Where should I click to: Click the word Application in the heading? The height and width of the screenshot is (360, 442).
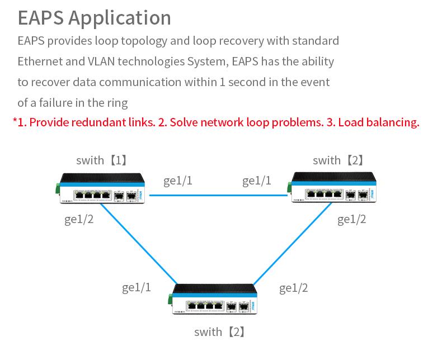(x=120, y=18)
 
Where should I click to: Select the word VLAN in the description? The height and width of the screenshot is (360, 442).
(x=101, y=61)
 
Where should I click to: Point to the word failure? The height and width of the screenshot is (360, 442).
(x=57, y=102)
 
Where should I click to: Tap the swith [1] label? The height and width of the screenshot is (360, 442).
(x=101, y=160)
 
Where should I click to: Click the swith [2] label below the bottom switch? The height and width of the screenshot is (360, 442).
(x=219, y=332)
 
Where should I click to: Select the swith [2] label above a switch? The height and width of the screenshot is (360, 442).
(x=338, y=160)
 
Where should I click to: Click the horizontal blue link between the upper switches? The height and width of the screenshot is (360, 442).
(x=218, y=195)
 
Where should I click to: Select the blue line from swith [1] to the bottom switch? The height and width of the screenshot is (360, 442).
(x=139, y=244)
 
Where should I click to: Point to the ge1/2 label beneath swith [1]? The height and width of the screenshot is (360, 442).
(x=79, y=220)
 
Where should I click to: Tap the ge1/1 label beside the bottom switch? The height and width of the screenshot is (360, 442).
(x=137, y=288)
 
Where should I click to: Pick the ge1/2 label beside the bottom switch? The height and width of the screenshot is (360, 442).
(x=293, y=288)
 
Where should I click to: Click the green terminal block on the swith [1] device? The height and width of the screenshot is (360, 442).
(x=58, y=188)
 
